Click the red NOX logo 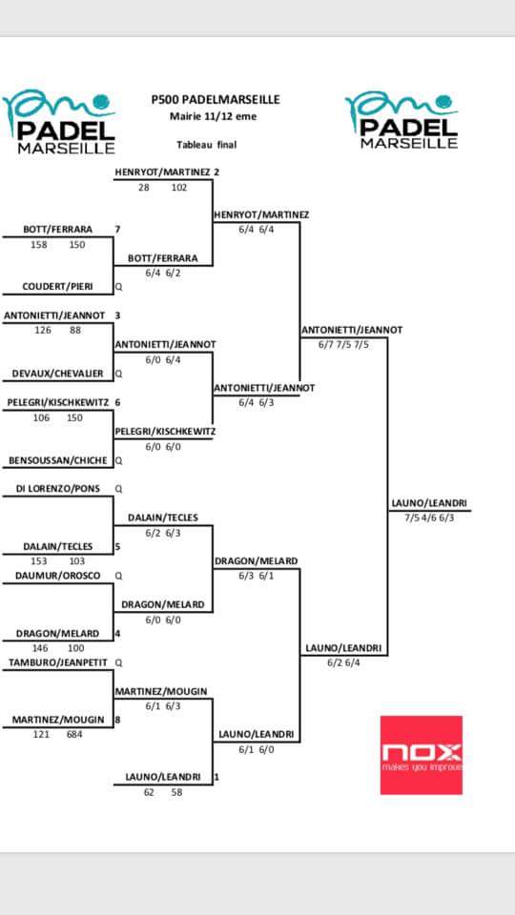(421, 755)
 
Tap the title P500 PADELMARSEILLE (215, 100)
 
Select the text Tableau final (207, 145)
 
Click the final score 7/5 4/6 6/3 (429, 518)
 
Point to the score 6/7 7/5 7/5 (343, 344)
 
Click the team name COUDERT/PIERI (58, 287)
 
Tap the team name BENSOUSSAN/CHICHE (58, 460)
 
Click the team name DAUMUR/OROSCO (58, 576)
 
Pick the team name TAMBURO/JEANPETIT (58, 663)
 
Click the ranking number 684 (74, 735)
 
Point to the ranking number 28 (144, 188)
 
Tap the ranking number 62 (149, 792)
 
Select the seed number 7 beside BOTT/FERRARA (117, 230)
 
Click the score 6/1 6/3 (163, 706)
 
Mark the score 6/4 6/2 (163, 273)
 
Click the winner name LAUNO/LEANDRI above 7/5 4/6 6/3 (429, 504)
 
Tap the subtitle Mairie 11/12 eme (213, 116)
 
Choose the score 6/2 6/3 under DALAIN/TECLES (163, 532)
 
